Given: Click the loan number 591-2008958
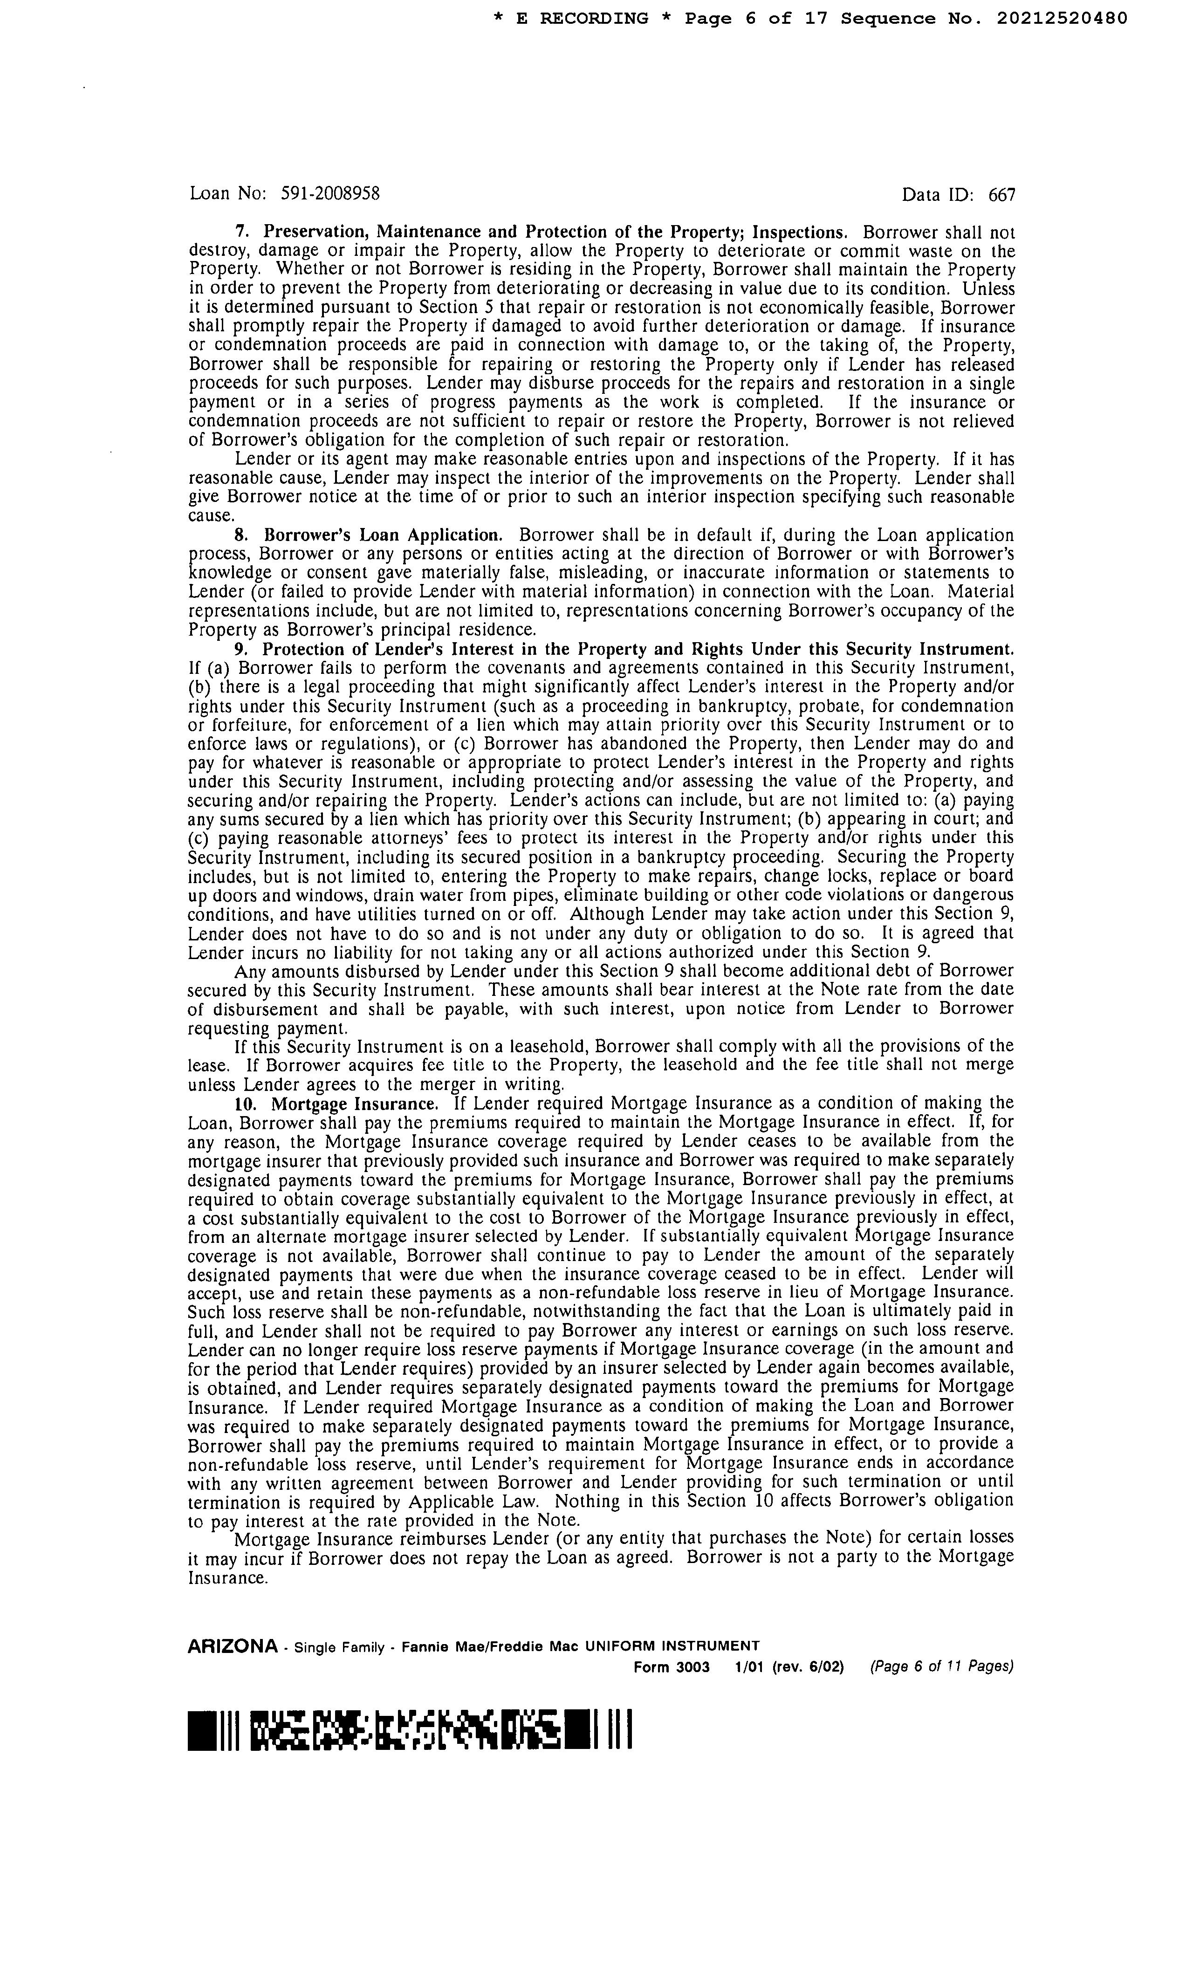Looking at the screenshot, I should pos(330,193).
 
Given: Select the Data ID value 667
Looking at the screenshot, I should pos(1001,195).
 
